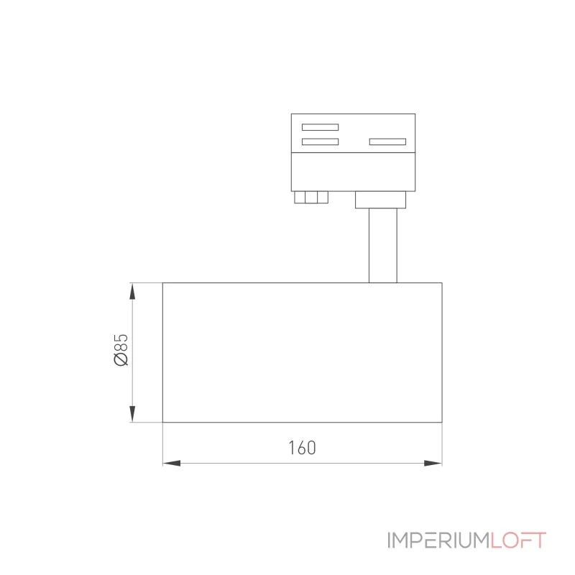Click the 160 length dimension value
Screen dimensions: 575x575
pos(302,448)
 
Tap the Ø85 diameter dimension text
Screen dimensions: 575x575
pos(121,350)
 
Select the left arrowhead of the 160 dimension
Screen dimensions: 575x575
pos(172,463)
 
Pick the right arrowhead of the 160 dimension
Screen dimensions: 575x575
pos(433,463)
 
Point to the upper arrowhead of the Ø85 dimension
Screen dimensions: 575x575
pos(132,292)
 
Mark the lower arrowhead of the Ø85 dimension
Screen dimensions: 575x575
pos(132,414)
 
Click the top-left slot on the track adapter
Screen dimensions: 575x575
pos(320,127)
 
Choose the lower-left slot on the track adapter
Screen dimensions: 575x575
pos(320,142)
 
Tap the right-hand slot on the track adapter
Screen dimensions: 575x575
pos(387,142)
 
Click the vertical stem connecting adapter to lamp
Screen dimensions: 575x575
pos(383,245)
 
